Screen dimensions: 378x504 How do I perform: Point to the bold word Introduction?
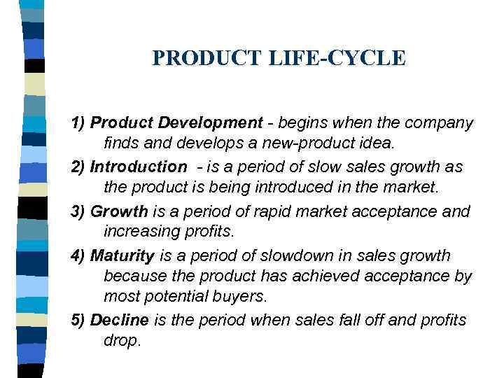click(x=139, y=167)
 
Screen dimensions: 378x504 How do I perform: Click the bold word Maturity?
click(x=122, y=255)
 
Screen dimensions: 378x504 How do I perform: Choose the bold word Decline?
click(x=120, y=320)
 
